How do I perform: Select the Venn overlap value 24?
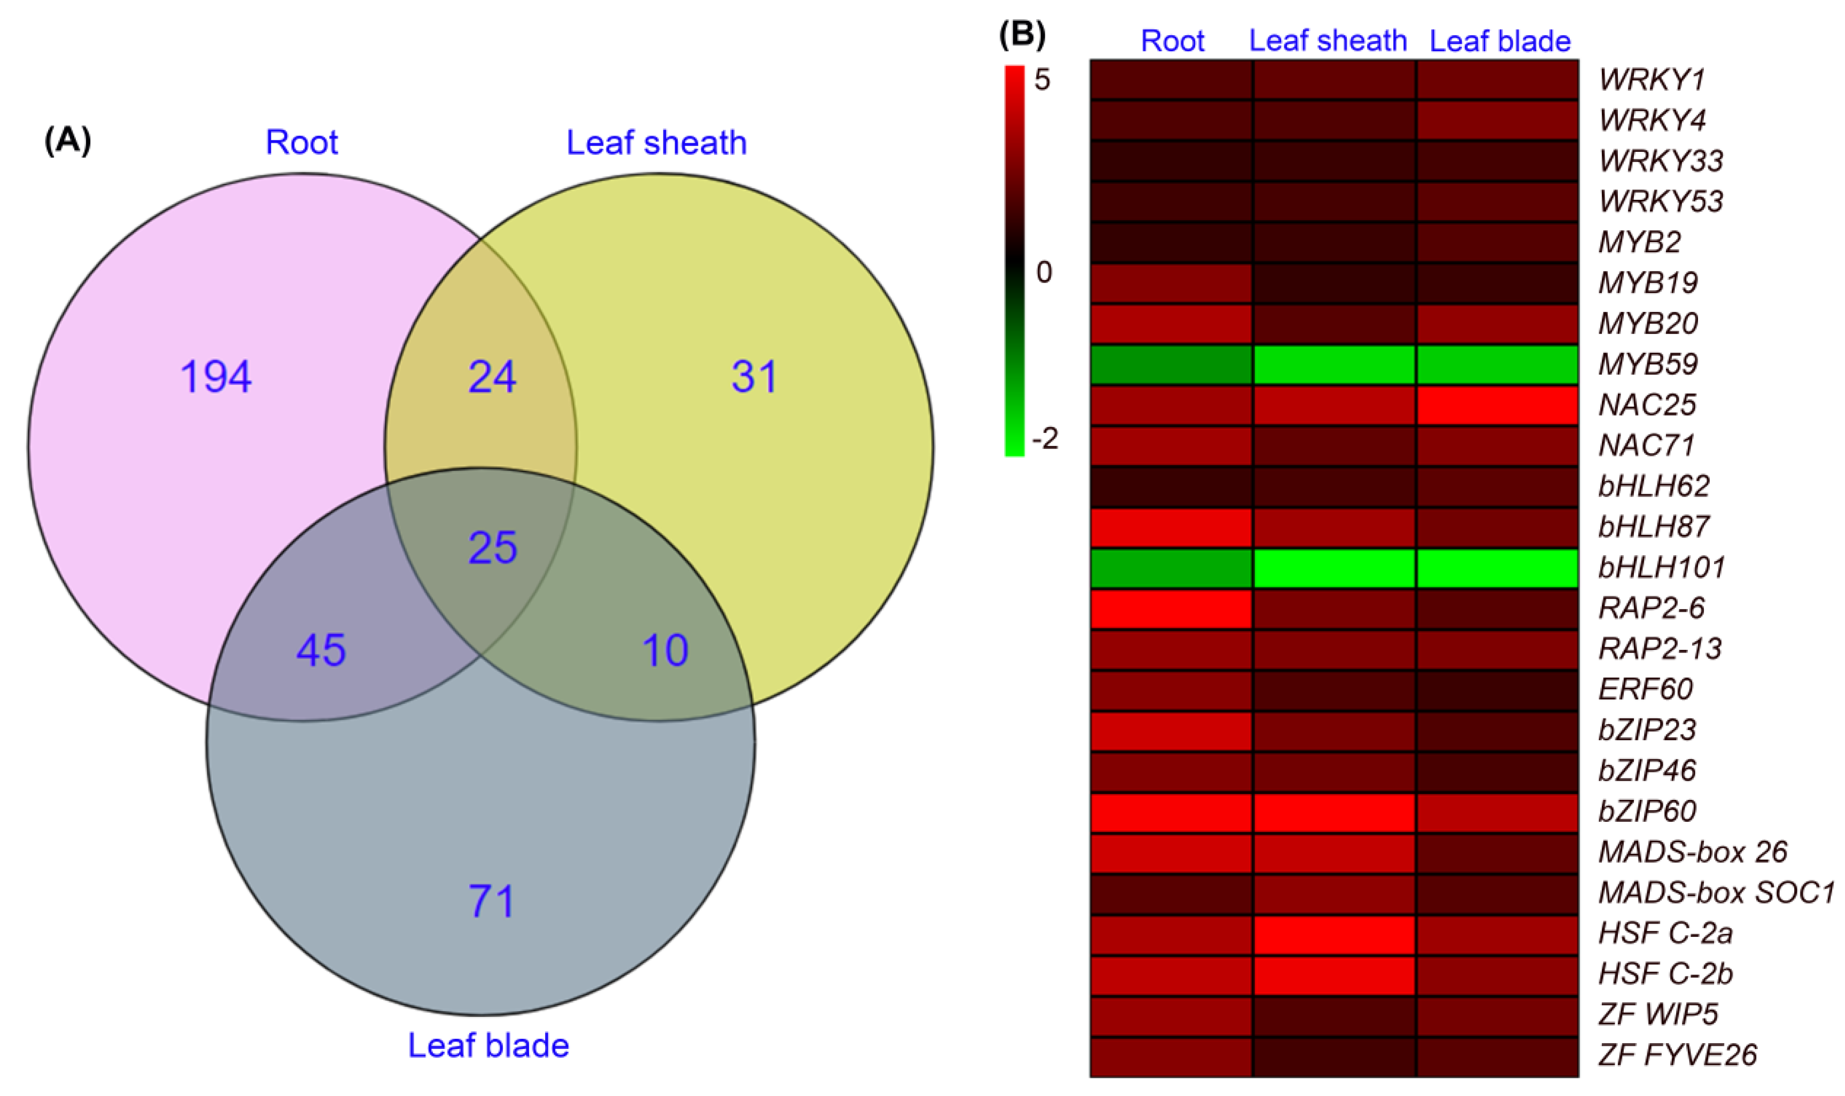(x=492, y=377)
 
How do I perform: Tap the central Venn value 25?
(x=493, y=547)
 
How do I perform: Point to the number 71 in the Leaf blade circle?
(x=491, y=901)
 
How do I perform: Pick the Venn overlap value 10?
(x=665, y=650)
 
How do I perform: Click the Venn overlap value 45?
(x=321, y=650)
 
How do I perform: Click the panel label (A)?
(x=68, y=139)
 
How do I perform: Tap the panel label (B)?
(x=1022, y=35)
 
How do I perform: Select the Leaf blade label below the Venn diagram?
(x=488, y=1045)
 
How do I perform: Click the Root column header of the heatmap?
(x=1172, y=41)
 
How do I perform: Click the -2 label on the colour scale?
(x=1045, y=439)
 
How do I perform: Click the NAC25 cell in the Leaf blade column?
(x=1497, y=405)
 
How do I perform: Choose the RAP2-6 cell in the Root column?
(x=1172, y=608)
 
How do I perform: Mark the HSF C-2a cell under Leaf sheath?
(x=1335, y=933)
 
